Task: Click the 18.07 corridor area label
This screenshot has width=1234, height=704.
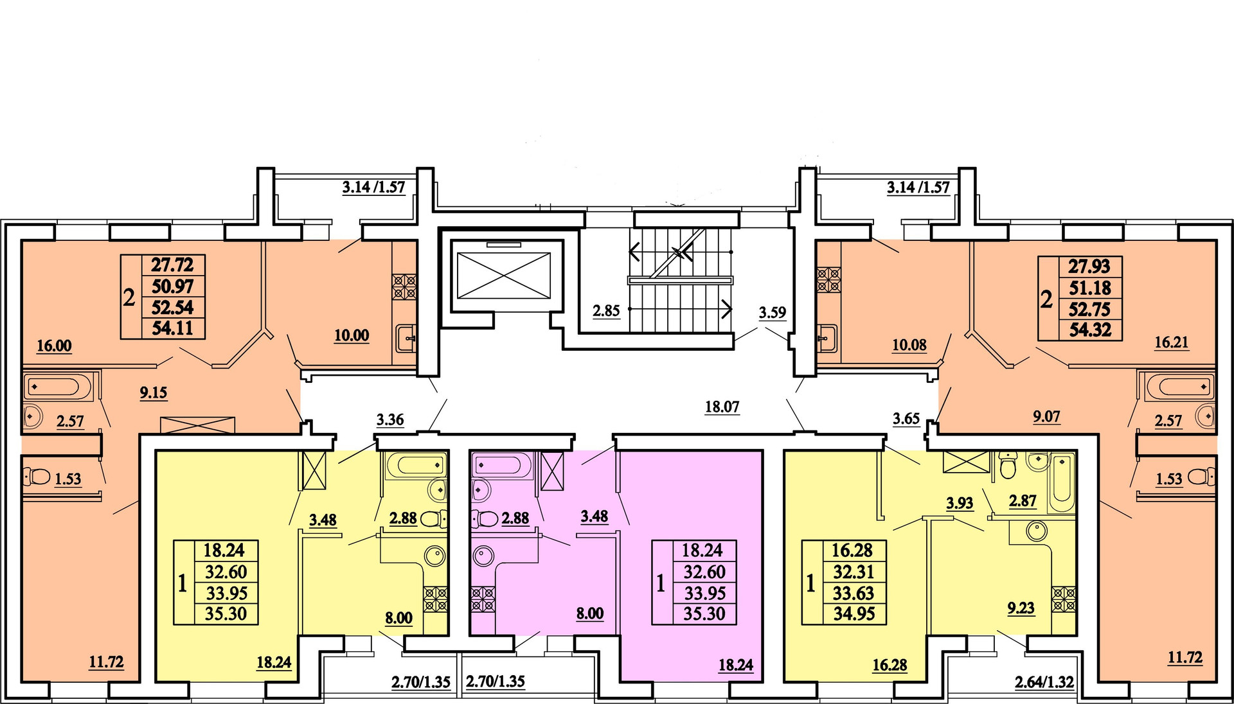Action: coord(722,407)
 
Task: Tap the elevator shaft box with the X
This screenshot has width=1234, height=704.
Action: coord(503,276)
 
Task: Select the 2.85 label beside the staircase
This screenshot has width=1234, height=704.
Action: coord(606,311)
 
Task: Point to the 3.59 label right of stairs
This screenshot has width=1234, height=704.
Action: coord(772,313)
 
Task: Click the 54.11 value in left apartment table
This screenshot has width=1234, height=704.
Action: coord(172,328)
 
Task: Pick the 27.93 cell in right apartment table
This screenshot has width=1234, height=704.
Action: coord(1089,267)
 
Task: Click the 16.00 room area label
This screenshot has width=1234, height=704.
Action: coord(54,346)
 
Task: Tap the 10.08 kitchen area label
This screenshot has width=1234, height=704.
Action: coord(909,345)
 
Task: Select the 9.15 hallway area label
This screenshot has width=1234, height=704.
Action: coord(154,392)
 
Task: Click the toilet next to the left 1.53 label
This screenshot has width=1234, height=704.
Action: coord(37,477)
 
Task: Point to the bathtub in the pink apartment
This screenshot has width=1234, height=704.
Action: coord(501,464)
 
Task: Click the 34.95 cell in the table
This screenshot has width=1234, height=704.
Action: coord(854,614)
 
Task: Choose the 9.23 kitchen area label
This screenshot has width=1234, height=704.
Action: coord(1021,608)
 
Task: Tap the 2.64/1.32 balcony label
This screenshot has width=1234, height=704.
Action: coord(1044,682)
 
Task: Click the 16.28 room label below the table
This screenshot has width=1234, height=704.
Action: coord(890,665)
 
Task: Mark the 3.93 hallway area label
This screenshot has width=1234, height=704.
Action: coord(960,503)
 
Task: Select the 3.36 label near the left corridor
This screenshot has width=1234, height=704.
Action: coord(390,420)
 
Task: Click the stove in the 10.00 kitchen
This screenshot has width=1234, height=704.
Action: coord(404,286)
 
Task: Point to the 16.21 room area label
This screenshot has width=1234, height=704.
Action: coord(1172,342)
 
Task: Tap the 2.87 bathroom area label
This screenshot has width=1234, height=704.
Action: coord(1023,500)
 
